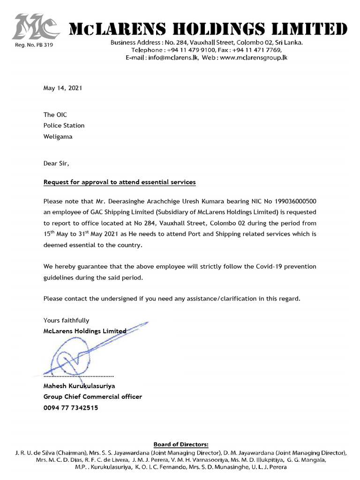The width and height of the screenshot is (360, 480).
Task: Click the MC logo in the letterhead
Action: [36, 27]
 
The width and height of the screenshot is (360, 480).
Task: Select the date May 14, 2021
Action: [63, 88]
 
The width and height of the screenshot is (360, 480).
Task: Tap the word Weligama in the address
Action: [58, 137]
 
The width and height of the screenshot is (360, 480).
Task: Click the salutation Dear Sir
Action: [56, 163]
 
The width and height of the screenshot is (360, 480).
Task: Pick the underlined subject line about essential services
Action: [120, 182]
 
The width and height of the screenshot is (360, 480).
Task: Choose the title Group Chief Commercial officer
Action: [93, 397]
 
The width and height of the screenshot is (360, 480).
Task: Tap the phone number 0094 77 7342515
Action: [71, 408]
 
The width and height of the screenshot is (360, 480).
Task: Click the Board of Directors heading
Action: [180, 444]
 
